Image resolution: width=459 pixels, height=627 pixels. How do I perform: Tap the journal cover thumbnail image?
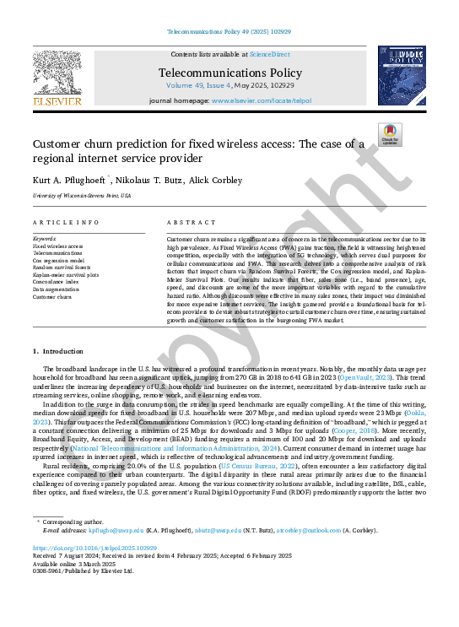click(x=402, y=76)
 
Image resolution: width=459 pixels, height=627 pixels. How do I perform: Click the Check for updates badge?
click(x=390, y=135)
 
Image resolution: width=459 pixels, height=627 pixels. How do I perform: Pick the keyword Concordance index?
click(x=57, y=282)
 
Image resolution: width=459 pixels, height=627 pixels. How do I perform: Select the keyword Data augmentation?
click(x=57, y=289)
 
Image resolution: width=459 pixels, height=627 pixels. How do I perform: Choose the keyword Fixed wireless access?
click(x=58, y=246)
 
